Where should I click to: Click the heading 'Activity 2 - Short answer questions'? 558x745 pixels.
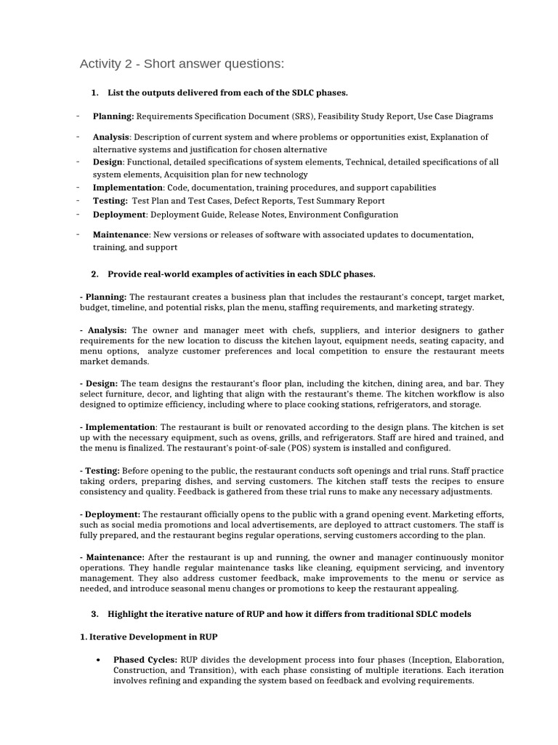click(182, 65)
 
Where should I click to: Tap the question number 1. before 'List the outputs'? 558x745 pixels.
click(94, 92)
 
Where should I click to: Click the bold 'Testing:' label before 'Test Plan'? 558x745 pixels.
click(110, 201)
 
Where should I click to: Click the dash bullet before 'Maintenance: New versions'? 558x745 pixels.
click(77, 234)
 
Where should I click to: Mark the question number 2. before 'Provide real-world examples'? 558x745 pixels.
click(94, 274)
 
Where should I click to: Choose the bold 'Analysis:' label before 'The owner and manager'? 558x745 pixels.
click(105, 330)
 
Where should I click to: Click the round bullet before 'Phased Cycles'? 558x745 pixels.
click(98, 660)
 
